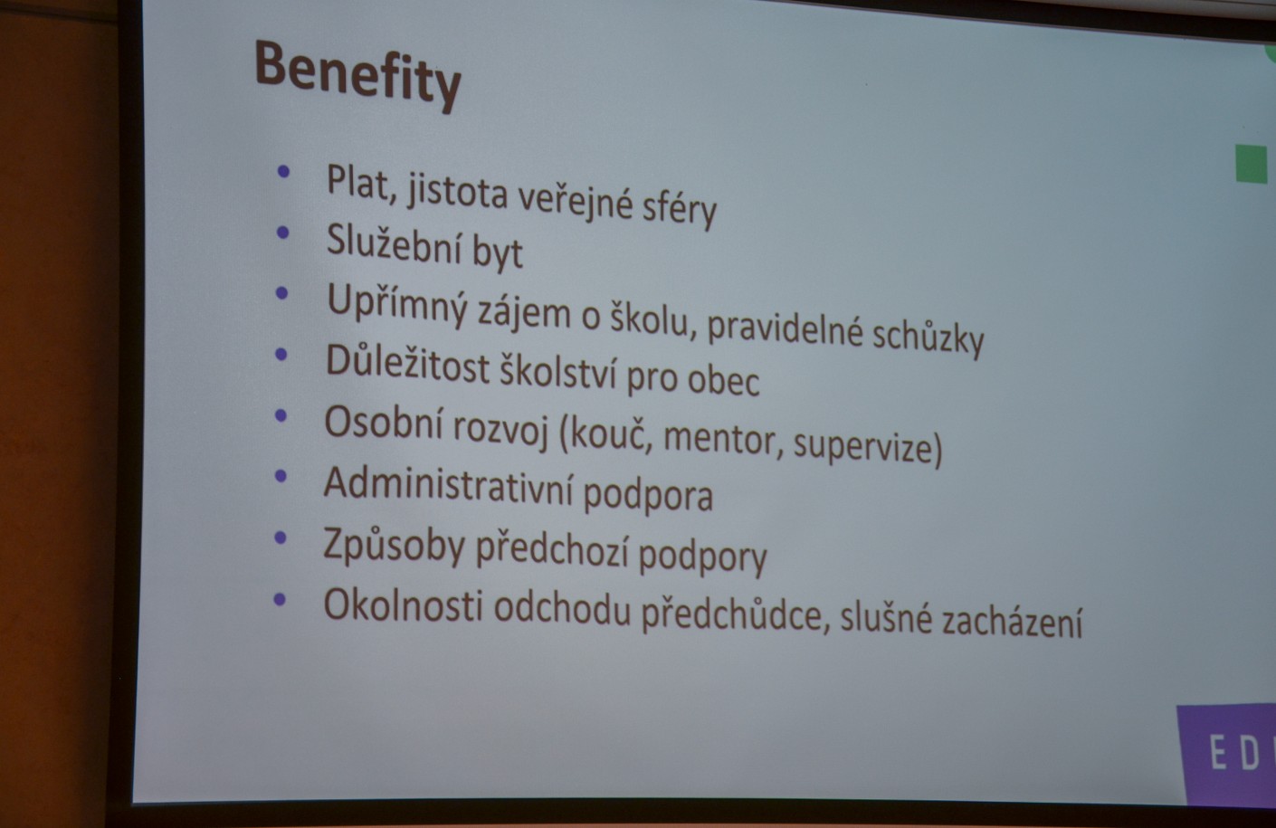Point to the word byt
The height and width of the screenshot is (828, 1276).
coord(498,253)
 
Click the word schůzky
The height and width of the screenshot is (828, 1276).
coord(928,338)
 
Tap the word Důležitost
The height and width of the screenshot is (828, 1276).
coord(407,365)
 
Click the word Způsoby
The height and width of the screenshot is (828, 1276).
coord(394,547)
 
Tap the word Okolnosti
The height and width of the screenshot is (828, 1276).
coord(403,605)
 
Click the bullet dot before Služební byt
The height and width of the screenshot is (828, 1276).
coord(282,232)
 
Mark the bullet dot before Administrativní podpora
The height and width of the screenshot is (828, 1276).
coord(281,475)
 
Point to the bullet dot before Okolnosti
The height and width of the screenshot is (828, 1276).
coord(279,598)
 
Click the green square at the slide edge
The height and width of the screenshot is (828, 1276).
coord(1252,164)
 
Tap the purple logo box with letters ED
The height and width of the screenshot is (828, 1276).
coord(1227,754)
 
